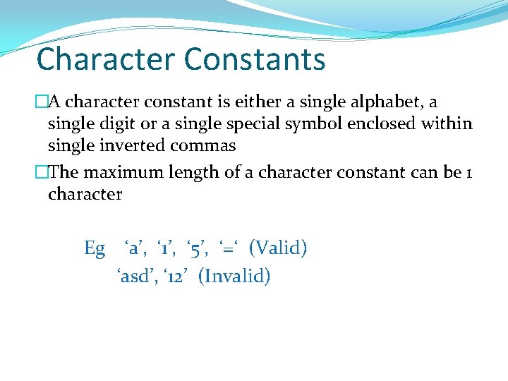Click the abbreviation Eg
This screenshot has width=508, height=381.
click(95, 248)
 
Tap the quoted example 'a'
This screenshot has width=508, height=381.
click(135, 248)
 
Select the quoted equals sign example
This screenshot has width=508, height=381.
click(228, 248)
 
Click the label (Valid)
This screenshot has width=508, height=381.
click(278, 248)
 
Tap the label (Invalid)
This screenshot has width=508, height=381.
click(234, 276)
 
